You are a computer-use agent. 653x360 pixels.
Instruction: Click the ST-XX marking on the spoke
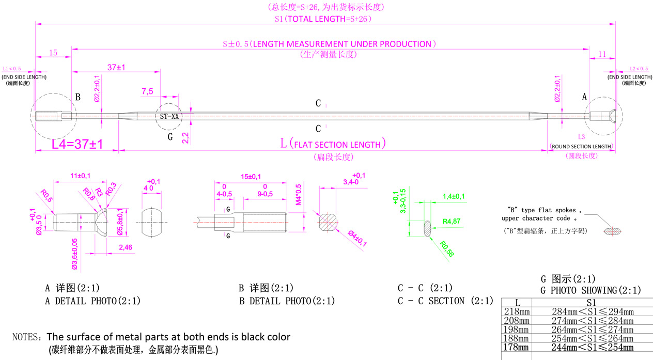tap(169, 117)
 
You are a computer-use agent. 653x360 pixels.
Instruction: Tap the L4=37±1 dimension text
tap(77, 144)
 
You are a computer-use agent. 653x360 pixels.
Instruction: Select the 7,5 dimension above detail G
tap(147, 91)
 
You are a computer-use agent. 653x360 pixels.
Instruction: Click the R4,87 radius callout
tap(452, 221)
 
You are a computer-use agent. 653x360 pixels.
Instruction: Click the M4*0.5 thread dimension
tap(298, 194)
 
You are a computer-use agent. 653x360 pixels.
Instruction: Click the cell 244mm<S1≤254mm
tap(585, 348)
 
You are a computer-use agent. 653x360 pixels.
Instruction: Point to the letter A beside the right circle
tap(585, 97)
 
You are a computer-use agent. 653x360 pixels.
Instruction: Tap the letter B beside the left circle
tap(77, 97)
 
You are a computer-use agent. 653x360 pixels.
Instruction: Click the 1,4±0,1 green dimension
tap(454, 196)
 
